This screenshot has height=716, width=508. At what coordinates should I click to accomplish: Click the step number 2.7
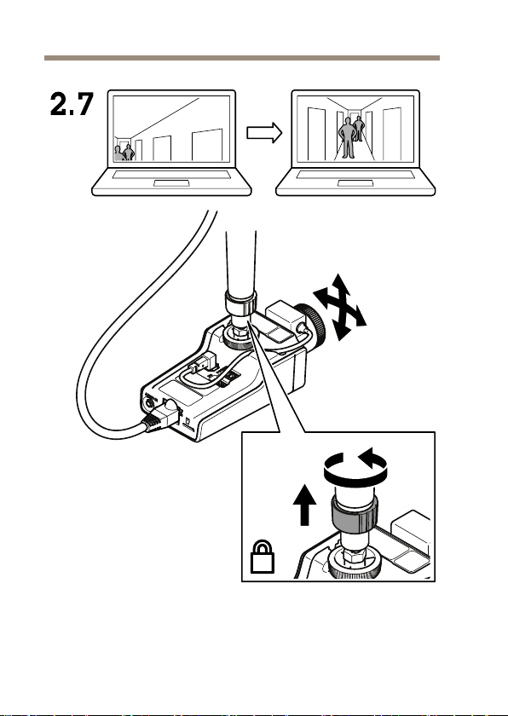(72, 104)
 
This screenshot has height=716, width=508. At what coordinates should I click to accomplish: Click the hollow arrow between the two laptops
(264, 133)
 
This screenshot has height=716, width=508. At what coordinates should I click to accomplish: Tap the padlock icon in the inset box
(263, 557)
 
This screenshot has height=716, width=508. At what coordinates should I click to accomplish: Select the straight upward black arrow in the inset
(304, 505)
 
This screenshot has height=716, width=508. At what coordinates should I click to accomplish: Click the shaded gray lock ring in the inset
(355, 515)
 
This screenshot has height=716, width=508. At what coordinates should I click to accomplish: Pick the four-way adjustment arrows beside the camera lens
(339, 307)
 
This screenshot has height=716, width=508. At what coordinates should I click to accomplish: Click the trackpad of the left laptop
(171, 183)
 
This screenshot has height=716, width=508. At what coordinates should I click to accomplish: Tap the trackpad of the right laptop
(355, 183)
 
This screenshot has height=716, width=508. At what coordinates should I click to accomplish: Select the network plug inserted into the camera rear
(162, 415)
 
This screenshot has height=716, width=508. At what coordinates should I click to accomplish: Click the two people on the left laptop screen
(124, 152)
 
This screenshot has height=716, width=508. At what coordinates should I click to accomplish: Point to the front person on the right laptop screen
(348, 137)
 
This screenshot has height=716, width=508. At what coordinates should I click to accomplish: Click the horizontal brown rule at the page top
(242, 58)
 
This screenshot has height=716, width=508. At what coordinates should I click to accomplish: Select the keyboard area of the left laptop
(171, 174)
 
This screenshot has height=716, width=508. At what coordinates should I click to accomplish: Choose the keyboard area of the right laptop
(355, 174)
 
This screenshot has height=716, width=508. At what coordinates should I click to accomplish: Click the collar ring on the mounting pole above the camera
(240, 303)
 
